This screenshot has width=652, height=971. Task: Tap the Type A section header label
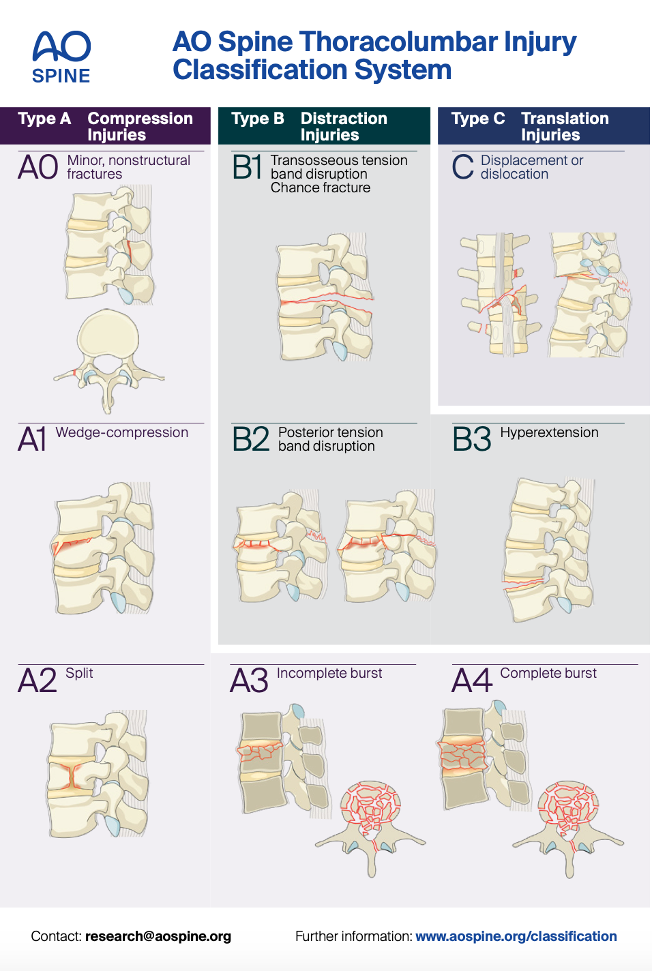(x=44, y=119)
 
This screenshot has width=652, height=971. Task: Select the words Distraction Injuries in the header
(x=344, y=126)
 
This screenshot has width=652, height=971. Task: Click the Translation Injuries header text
(x=565, y=126)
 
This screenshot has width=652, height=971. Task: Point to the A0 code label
(x=38, y=167)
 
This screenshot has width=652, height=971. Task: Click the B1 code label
(x=247, y=167)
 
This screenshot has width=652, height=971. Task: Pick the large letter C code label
(x=462, y=167)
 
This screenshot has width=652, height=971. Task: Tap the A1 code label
(x=32, y=439)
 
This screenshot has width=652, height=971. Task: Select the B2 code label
(x=250, y=439)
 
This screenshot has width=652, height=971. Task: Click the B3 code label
(x=471, y=439)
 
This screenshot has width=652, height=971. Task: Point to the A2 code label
(x=38, y=681)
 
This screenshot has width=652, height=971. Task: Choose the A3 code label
(x=249, y=681)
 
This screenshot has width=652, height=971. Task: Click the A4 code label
(x=471, y=681)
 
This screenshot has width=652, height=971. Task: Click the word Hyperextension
(x=549, y=432)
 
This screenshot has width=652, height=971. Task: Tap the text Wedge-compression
(x=121, y=432)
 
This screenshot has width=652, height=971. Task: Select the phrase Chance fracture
(x=321, y=188)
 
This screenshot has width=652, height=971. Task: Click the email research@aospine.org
(x=158, y=936)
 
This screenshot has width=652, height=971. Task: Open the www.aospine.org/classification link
(x=516, y=936)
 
